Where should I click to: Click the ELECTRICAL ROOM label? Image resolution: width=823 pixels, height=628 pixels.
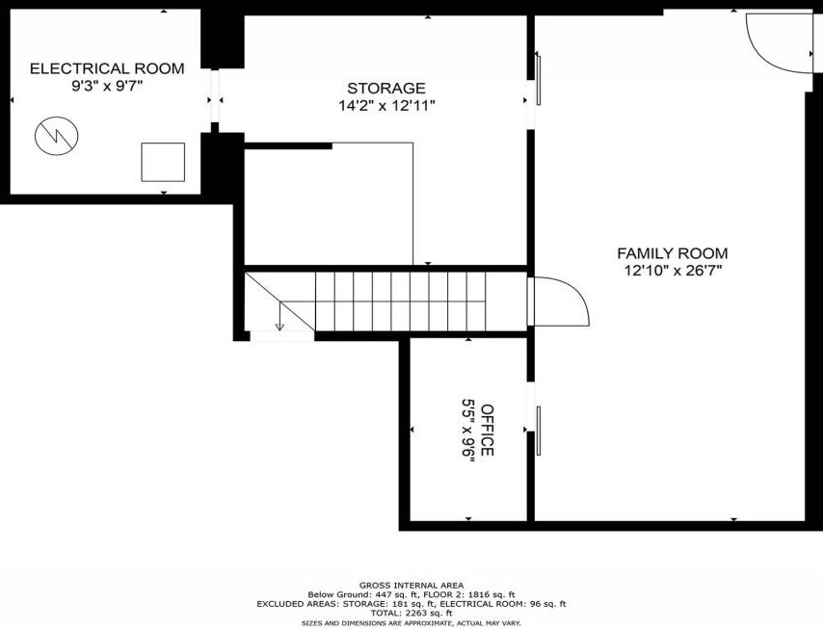click(x=107, y=68)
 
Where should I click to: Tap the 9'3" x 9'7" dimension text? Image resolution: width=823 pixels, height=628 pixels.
click(x=107, y=86)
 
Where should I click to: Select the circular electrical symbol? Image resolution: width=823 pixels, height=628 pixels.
click(x=57, y=136)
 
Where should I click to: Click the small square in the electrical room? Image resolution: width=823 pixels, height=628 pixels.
click(x=163, y=162)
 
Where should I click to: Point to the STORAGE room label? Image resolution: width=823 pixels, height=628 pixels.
click(x=386, y=89)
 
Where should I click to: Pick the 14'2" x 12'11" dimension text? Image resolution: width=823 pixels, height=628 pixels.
click(x=386, y=106)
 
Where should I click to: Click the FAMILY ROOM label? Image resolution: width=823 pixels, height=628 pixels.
click(x=673, y=253)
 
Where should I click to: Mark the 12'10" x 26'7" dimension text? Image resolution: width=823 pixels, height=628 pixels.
click(x=673, y=272)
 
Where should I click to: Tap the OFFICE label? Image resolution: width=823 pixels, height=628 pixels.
click(x=488, y=430)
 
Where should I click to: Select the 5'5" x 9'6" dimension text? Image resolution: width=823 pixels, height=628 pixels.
click(x=468, y=431)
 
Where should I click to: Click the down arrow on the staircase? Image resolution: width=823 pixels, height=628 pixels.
click(x=279, y=317)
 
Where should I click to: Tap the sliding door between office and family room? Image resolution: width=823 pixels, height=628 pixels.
click(x=538, y=431)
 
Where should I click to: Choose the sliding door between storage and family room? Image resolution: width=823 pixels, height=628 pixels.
click(x=538, y=80)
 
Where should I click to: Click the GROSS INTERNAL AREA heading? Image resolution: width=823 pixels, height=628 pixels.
click(x=411, y=585)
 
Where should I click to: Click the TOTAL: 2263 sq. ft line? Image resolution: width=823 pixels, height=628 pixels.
click(x=411, y=613)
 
